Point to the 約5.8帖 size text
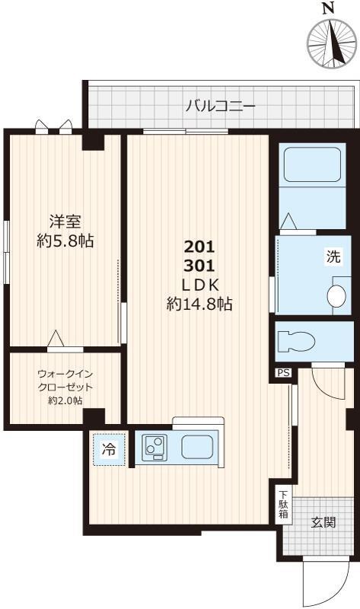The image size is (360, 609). click(65, 241)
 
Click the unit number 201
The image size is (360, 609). click(199, 247)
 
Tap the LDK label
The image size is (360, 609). click(199, 285)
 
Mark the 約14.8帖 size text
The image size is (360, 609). click(199, 304)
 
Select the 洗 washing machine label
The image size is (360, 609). click(334, 257)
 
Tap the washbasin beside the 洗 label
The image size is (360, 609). click(335, 295)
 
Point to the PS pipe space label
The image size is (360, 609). click(283, 373)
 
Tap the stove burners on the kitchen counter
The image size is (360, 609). click(154, 448)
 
